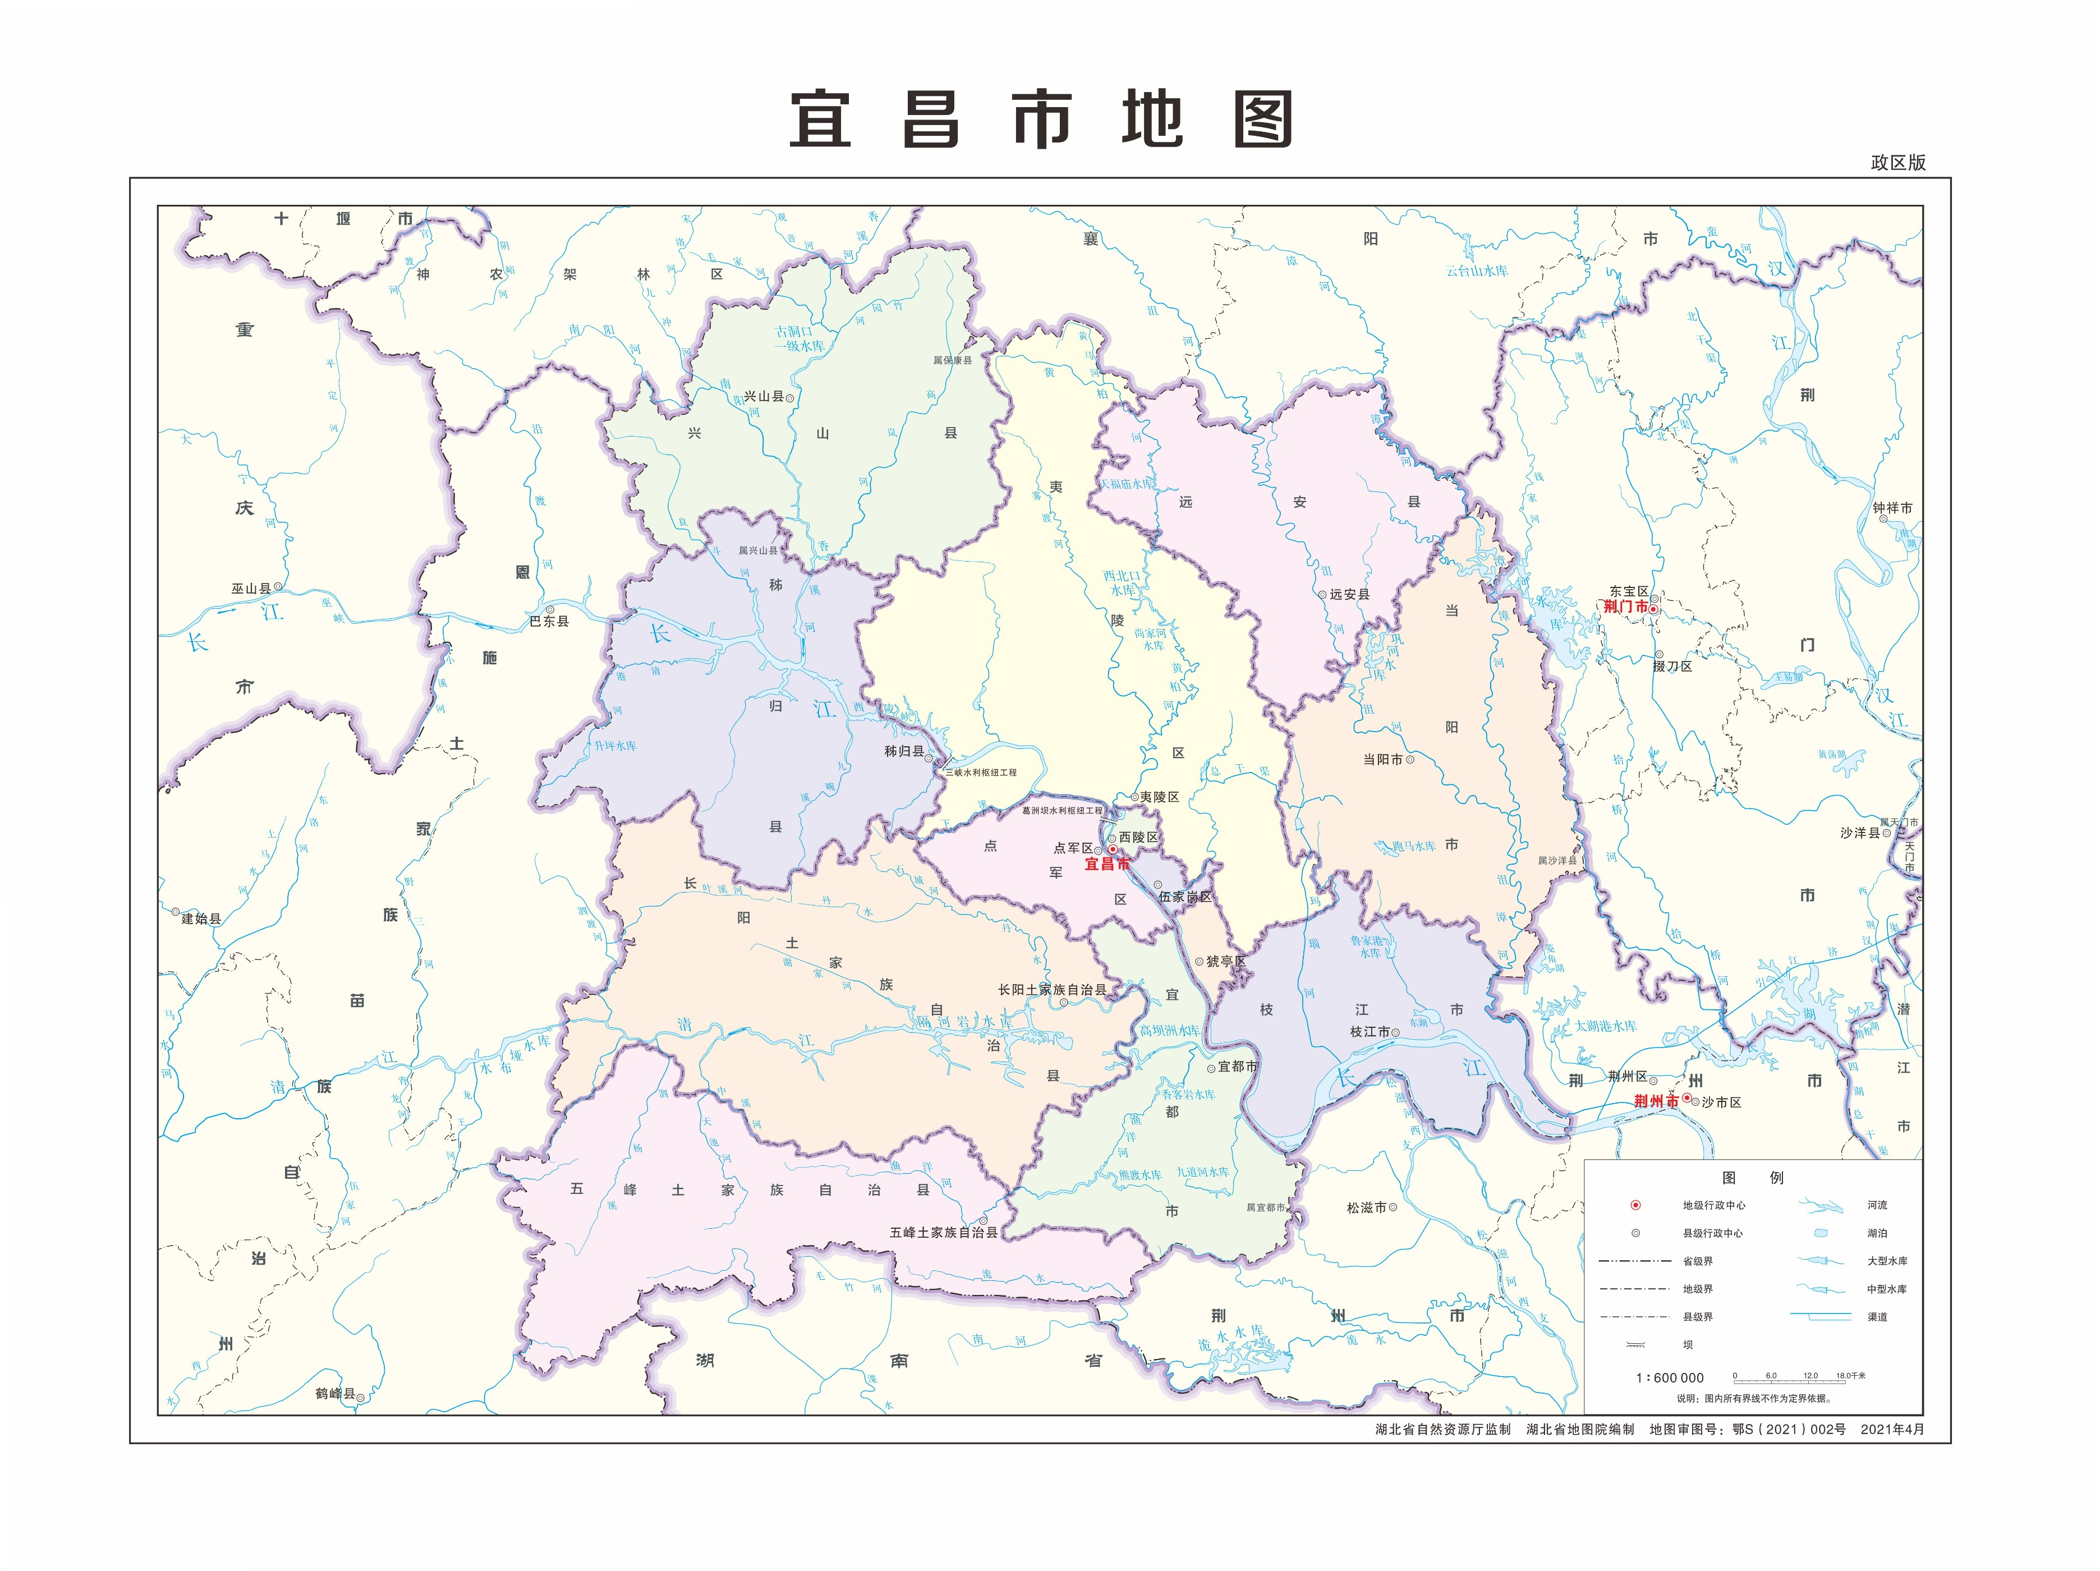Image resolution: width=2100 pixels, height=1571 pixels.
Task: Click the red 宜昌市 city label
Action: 1106,864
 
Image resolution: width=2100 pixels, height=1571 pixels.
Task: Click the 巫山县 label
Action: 251,589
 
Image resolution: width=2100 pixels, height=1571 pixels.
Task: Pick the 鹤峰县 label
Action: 335,1394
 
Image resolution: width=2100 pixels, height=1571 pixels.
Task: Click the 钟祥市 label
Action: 1892,508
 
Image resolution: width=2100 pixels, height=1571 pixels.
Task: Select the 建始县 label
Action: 201,918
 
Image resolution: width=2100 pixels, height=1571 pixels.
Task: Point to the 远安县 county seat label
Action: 1349,594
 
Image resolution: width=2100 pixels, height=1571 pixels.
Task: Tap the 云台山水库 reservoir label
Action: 1476,270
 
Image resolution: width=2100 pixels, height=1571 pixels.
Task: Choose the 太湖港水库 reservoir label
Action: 1605,1026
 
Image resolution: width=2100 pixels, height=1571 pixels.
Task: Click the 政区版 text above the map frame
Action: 1898,162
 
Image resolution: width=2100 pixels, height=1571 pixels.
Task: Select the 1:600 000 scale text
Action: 1669,1377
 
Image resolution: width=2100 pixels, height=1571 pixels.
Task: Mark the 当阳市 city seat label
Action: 1382,759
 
